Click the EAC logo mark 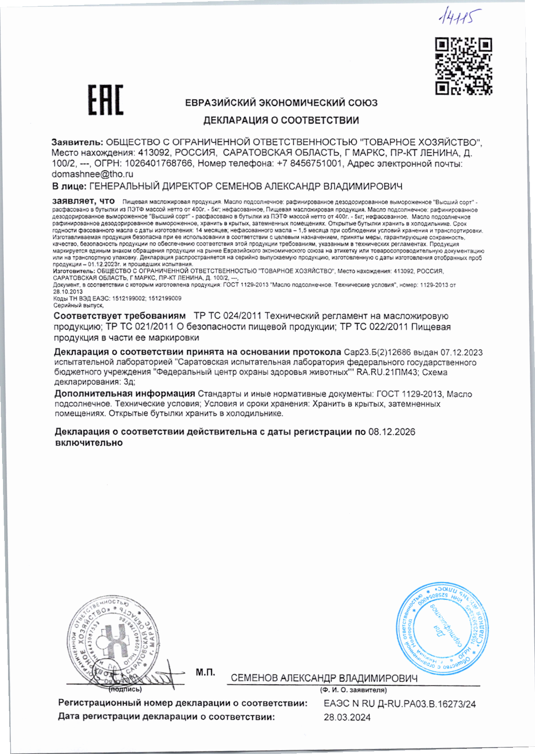tap(105, 100)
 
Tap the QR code tap(464, 66)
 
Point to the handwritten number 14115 tap(459, 17)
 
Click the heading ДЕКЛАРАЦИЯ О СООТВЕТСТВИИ tap(281, 120)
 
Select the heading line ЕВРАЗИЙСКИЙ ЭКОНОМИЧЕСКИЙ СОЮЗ tap(281, 103)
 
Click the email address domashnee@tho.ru tap(92, 174)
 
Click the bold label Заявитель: tap(77, 142)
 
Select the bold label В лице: tap(69, 186)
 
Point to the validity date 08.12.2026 tap(392, 432)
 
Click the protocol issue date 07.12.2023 tap(461, 352)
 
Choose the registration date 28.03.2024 tap(347, 717)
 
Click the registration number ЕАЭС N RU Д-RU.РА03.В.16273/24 tap(400, 704)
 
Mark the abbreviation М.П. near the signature tap(205, 672)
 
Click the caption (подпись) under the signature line tap(125, 689)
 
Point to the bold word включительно tap(89, 443)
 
